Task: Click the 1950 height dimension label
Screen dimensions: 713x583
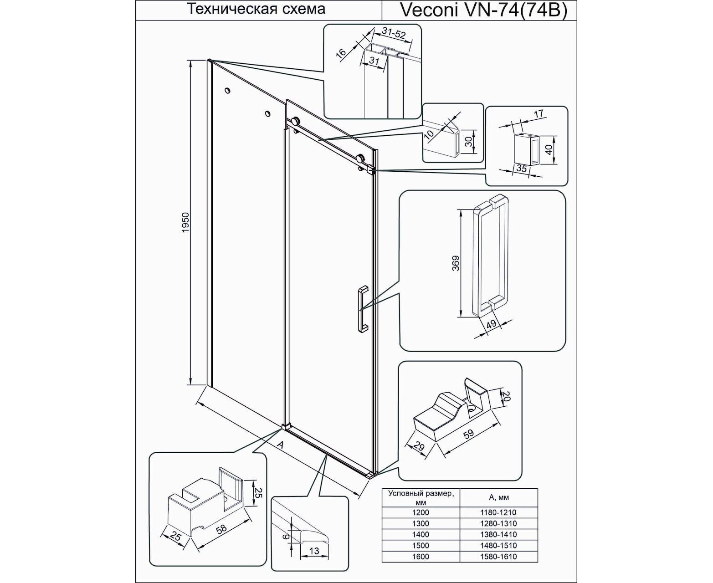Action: coord(185,222)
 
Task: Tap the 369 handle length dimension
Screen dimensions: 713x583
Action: coord(456,263)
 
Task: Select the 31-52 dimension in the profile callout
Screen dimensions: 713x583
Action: coord(394,34)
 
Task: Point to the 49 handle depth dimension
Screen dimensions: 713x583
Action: coord(491,324)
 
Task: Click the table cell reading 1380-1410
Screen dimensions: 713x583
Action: coord(498,534)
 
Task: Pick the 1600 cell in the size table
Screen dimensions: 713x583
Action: coord(421,557)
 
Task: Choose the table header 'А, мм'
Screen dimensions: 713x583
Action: coord(499,497)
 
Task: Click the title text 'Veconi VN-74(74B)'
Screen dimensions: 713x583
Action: coord(483,10)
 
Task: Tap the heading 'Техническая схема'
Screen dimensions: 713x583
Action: coord(256,9)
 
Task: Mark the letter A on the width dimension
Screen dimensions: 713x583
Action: coord(280,445)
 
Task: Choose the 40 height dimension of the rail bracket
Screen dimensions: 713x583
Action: coord(549,149)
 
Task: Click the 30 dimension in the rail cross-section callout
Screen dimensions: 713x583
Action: coord(468,142)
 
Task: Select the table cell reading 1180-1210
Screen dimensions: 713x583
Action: coord(498,512)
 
